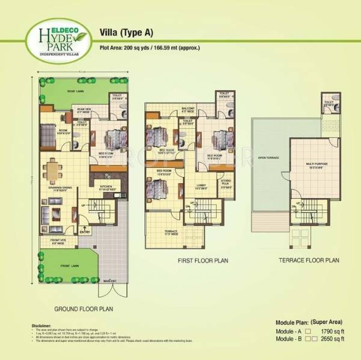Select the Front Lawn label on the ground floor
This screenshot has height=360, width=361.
[64, 263]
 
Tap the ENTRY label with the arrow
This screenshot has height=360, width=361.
[84, 229]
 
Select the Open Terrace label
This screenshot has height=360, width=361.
[267, 159]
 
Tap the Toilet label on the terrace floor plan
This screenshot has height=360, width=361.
[329, 102]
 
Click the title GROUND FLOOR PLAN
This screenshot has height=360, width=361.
[84, 309]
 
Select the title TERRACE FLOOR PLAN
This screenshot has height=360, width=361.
[309, 260]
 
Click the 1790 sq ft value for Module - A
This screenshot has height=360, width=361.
[335, 331]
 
